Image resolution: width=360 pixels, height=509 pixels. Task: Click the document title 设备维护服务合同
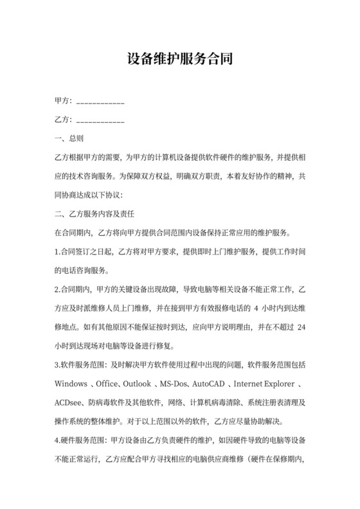pyautogui.click(x=179, y=60)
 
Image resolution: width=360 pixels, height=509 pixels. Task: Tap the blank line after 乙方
pyautogui.click(x=100, y=121)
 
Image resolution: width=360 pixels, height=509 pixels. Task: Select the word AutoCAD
pyautogui.click(x=212, y=385)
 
